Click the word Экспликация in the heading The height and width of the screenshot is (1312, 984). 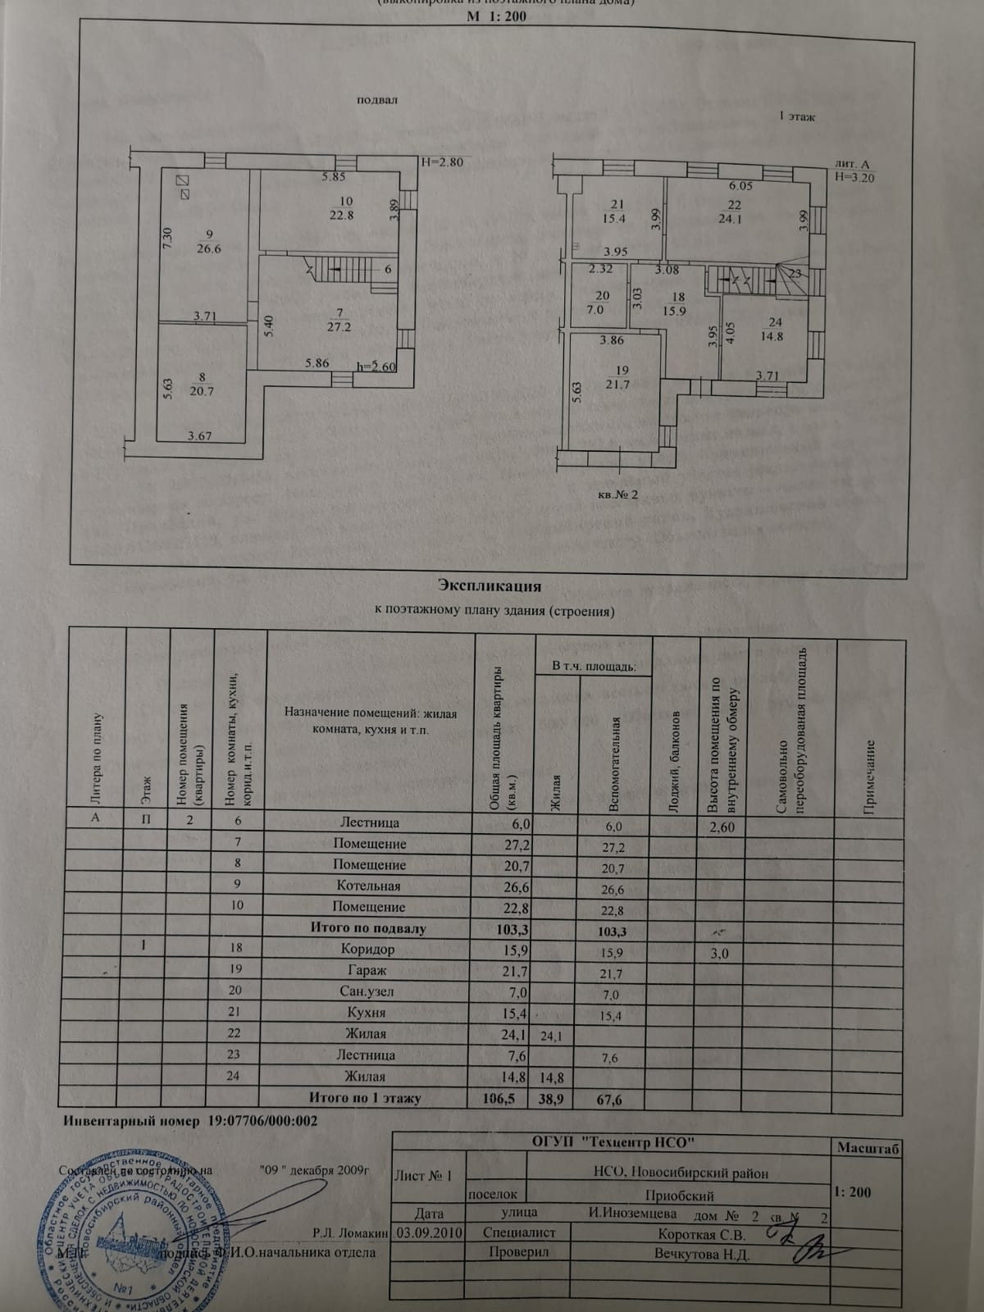tap(490, 585)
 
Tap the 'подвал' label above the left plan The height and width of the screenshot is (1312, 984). tap(376, 100)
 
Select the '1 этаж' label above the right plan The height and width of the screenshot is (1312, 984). tap(796, 117)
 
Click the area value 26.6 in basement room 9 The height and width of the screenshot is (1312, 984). tap(209, 249)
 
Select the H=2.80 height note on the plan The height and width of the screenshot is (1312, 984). tap(442, 162)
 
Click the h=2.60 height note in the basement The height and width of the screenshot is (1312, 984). tap(377, 367)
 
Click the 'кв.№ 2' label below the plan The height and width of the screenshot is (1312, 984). tap(618, 494)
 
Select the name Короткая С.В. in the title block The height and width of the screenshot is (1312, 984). tap(701, 1234)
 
